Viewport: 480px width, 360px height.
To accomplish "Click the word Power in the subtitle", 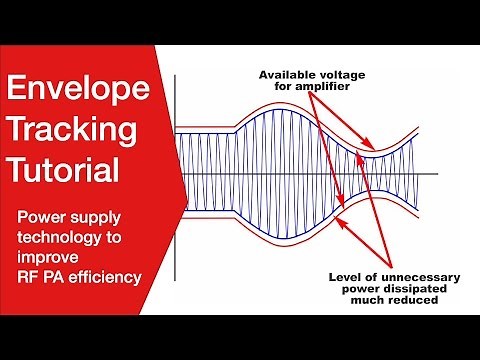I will click(44, 217).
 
